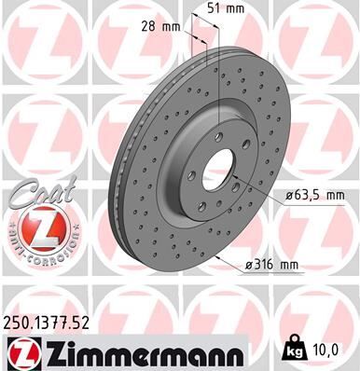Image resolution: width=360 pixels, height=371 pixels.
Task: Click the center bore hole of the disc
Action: [221, 170]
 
